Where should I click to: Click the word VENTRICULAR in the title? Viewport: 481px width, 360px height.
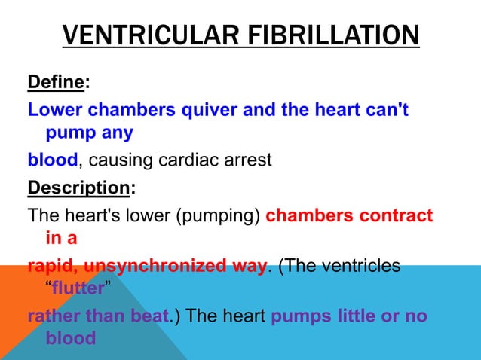coord(142,36)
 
